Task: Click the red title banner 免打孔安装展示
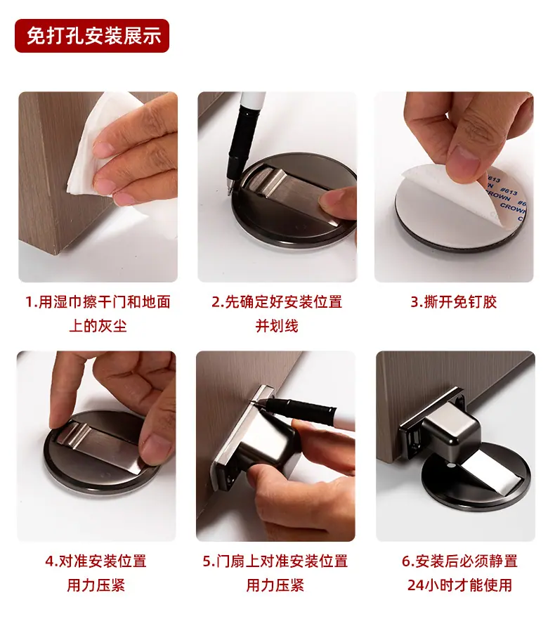tap(92, 36)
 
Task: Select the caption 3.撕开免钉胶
tap(454, 302)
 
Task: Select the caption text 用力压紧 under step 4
tap(96, 585)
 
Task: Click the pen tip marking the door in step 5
tap(256, 401)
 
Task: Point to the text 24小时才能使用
tap(459, 585)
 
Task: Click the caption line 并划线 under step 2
tap(277, 326)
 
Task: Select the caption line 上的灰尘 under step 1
tap(98, 326)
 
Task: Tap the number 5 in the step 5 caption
tap(207, 561)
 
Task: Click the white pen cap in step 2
tap(252, 99)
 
